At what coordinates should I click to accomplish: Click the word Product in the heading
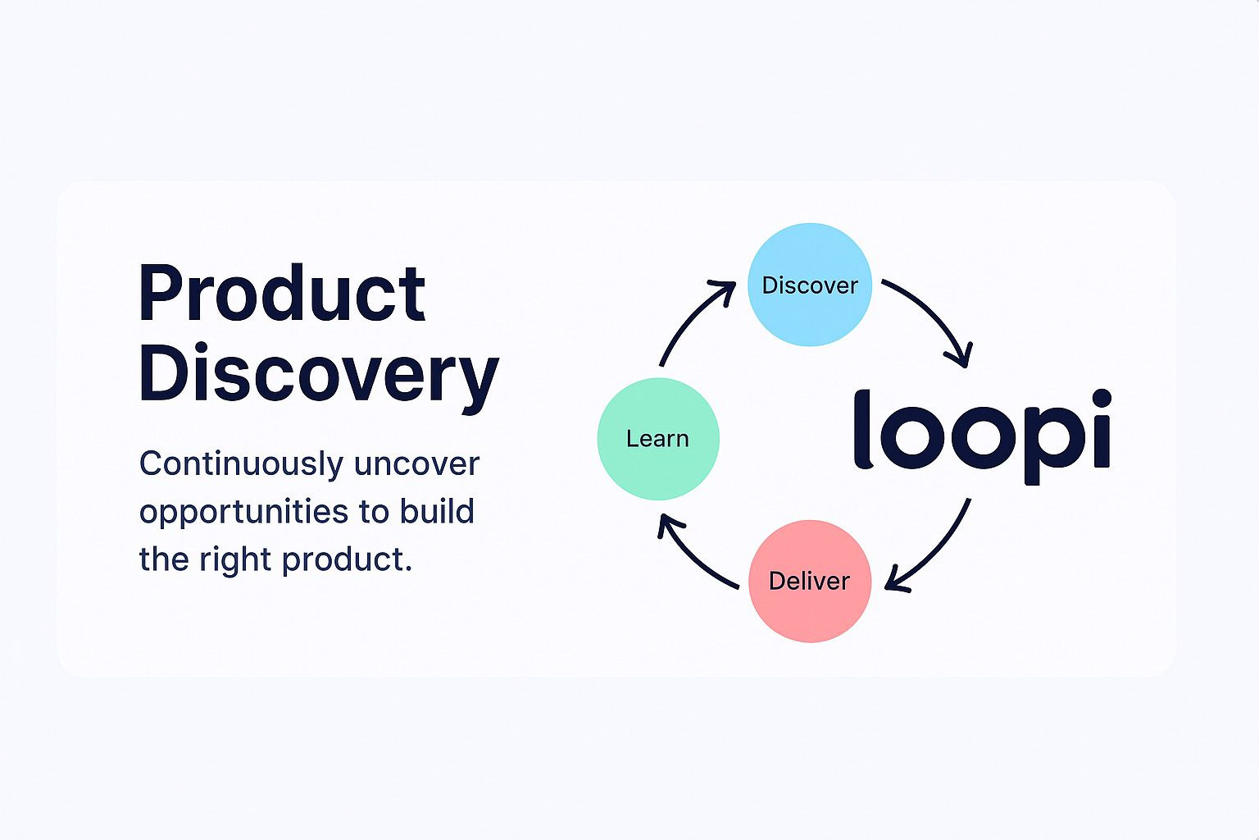pos(282,294)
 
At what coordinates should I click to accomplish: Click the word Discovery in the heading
pos(318,374)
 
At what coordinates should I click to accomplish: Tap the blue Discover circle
pos(810,285)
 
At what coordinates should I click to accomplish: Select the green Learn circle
pos(658,439)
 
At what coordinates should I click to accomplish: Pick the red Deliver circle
pos(810,581)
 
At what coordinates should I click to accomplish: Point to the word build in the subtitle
pos(437,511)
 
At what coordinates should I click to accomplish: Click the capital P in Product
pos(161,294)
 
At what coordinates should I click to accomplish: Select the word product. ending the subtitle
pos(348,560)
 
